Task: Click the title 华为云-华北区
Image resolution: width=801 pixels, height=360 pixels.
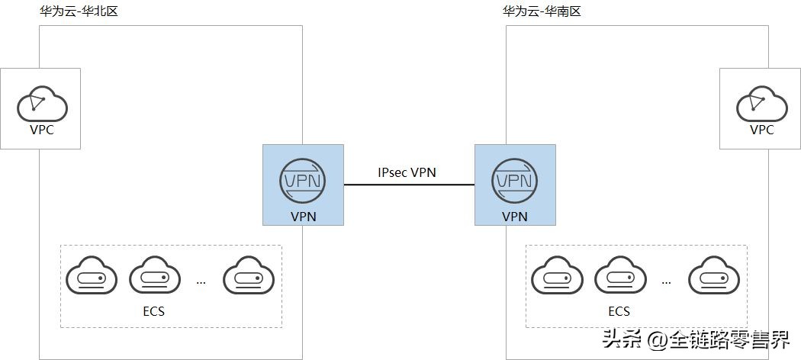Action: tap(78, 12)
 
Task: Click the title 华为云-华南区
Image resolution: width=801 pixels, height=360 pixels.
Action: tap(542, 12)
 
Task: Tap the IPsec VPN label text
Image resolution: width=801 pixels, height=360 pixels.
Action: tap(407, 172)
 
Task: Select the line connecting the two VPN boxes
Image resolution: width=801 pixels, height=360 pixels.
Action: tap(407, 185)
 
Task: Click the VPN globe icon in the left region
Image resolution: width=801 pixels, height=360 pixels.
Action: tap(302, 180)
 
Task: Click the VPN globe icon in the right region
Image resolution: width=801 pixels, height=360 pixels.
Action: tap(514, 180)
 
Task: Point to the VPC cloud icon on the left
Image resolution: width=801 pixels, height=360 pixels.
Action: tap(41, 104)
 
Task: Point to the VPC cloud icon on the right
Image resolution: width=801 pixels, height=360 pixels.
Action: tap(761, 104)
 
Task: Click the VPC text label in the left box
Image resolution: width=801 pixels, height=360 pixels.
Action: tap(41, 130)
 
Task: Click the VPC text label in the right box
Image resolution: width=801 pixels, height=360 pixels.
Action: tap(761, 130)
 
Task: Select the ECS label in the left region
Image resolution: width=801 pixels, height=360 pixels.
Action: tap(153, 311)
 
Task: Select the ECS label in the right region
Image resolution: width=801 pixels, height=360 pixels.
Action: tap(619, 311)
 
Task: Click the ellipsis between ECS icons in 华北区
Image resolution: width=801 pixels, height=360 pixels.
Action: tap(201, 282)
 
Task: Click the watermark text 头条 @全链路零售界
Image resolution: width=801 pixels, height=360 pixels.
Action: tap(695, 339)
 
